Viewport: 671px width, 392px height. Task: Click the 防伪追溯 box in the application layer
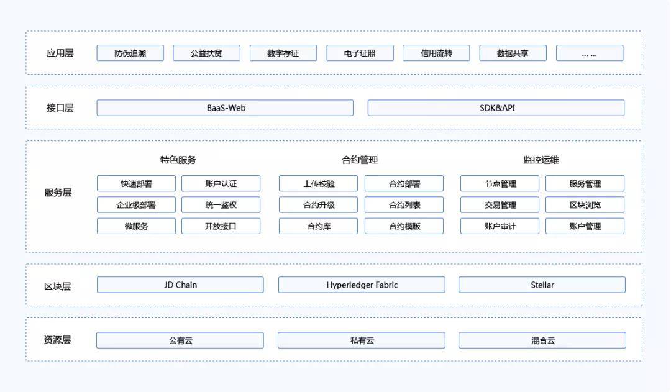(x=130, y=53)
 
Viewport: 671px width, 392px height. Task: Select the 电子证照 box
(x=360, y=53)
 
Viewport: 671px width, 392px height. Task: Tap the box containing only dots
(x=590, y=53)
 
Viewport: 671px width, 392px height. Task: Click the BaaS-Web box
(x=225, y=108)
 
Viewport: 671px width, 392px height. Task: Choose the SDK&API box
(x=496, y=108)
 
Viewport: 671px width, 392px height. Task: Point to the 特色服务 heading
(x=178, y=160)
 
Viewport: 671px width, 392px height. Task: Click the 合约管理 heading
(x=360, y=160)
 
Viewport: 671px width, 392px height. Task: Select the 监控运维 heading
(x=541, y=160)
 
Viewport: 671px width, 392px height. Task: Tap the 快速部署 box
(x=136, y=184)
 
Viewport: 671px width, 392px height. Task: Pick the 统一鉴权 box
(x=221, y=205)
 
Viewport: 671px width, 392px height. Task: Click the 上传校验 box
(x=318, y=184)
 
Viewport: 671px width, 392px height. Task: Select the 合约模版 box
(x=404, y=226)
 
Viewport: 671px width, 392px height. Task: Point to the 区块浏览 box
(x=585, y=205)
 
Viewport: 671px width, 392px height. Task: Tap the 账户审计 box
(x=500, y=226)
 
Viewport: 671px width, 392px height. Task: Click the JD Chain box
(x=180, y=285)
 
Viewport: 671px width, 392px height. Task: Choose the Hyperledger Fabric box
(x=362, y=285)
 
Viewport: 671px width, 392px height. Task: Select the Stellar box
(x=542, y=285)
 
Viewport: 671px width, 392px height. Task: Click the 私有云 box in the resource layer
(x=362, y=340)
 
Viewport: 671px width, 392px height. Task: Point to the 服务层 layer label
(x=58, y=193)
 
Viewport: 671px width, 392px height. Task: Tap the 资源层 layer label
(x=57, y=340)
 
